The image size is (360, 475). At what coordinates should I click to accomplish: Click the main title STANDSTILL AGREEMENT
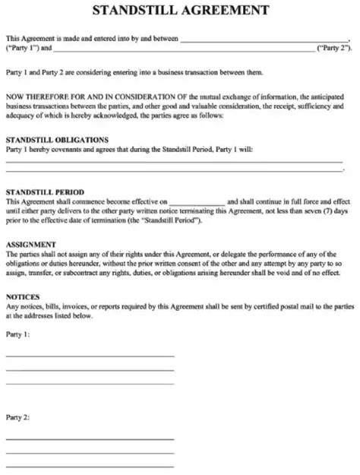coord(179,12)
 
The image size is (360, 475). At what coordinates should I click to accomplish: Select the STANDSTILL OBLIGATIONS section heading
coord(57,140)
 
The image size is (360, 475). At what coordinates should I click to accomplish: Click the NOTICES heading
coord(23,296)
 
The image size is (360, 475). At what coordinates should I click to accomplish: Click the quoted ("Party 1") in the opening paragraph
coord(21,47)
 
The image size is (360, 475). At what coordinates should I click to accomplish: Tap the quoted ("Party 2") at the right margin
coord(334,47)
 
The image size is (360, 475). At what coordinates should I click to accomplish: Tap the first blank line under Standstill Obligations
coord(179,160)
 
